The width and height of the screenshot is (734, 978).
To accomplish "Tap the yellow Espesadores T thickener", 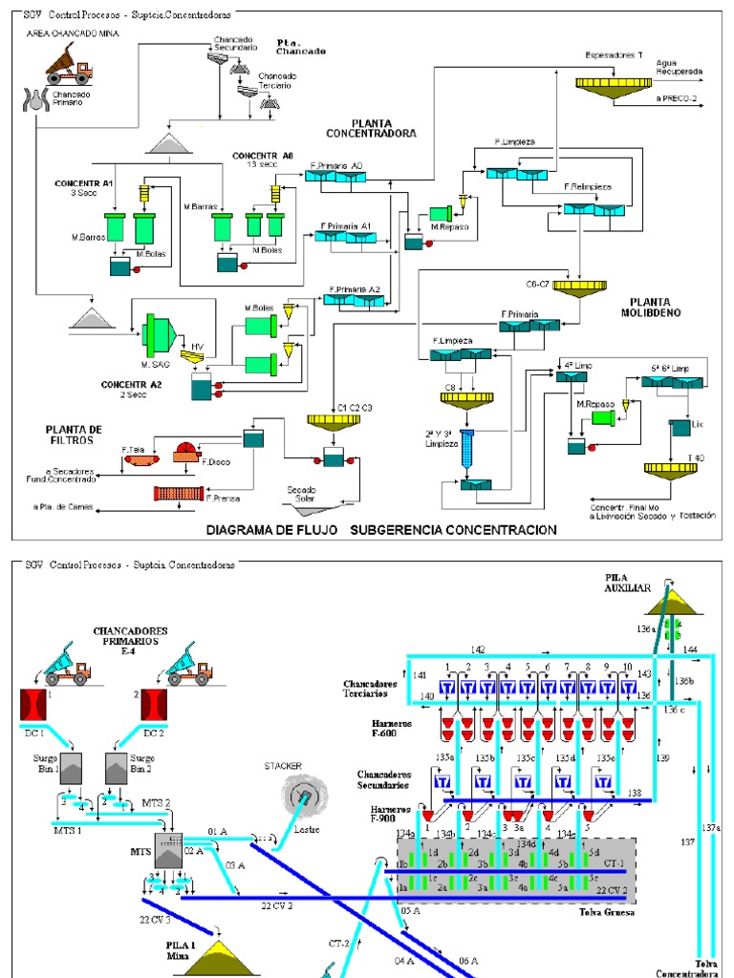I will [x=613, y=84].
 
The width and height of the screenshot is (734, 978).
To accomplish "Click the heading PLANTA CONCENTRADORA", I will [x=383, y=128].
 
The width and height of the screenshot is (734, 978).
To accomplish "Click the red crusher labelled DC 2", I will [x=153, y=706].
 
